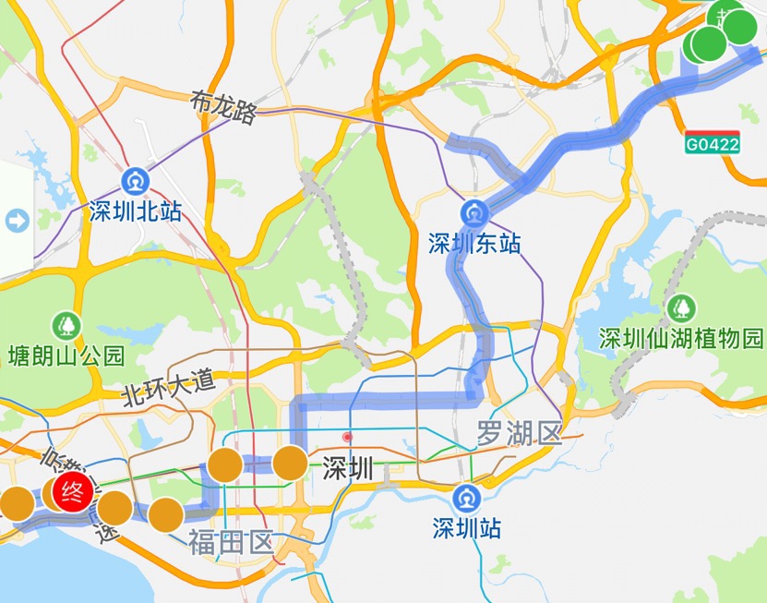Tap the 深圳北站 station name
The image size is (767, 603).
136,211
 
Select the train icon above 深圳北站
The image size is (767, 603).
137,178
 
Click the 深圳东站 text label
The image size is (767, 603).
474,244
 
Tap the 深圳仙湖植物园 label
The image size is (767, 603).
682,338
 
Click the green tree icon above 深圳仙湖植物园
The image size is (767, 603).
683,306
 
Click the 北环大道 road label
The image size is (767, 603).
168,387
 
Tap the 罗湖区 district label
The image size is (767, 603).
519,431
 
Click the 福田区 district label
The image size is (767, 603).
230,541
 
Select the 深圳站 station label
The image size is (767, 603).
467,528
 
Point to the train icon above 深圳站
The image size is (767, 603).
466,498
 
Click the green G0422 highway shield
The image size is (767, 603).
712,143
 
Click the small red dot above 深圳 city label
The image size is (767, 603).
348,436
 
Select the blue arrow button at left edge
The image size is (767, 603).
17,221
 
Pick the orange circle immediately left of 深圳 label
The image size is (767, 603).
290,464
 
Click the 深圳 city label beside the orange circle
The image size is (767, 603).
348,469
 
